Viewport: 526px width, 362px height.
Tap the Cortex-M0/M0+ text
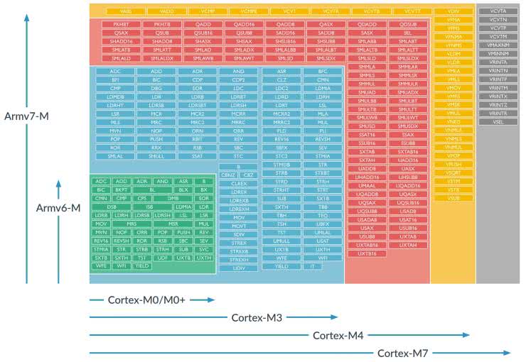point(146,300)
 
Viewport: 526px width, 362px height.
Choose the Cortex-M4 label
point(338,334)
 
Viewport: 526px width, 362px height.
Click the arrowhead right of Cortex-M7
point(506,352)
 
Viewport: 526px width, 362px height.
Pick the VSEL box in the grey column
point(498,121)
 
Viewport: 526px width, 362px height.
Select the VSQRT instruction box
point(453,172)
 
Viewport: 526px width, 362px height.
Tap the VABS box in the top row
point(127,11)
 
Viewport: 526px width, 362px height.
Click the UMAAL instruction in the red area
point(367,185)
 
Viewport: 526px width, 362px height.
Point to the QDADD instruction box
point(367,24)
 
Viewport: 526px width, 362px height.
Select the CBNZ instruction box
point(228,175)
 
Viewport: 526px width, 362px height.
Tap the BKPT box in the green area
point(122,190)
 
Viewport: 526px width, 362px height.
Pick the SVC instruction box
point(204,248)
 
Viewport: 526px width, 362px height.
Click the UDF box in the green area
point(163,257)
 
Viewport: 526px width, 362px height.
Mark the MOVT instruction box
point(239,225)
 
